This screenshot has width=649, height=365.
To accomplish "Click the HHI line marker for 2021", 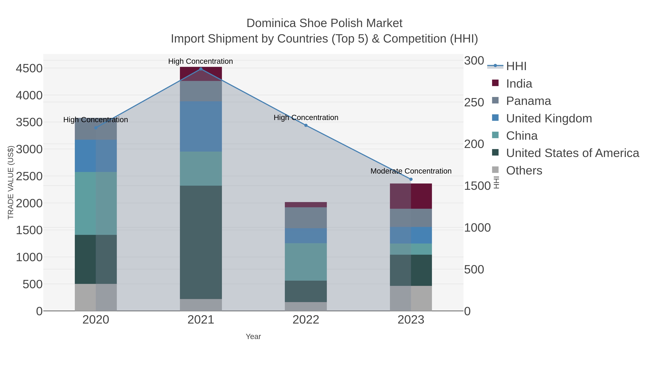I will point(201,69).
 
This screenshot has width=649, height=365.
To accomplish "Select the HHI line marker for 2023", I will point(411,179).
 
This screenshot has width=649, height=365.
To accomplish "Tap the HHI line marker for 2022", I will point(306,125).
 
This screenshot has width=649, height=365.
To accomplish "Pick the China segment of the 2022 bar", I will point(306,262).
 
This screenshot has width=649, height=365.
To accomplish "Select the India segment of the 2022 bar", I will point(306,205).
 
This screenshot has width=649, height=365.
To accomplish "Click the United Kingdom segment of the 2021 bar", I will point(201,127).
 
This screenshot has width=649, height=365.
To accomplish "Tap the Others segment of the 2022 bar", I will point(306,307).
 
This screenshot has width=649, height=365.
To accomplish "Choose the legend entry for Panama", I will point(528,101).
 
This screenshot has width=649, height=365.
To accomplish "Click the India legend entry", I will point(519,84).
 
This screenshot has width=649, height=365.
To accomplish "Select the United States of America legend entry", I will point(572,153).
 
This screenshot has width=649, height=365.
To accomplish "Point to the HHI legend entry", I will point(516,66).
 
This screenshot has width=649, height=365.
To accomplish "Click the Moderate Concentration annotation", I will point(411,171).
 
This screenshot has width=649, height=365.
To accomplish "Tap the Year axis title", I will point(253,337).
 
